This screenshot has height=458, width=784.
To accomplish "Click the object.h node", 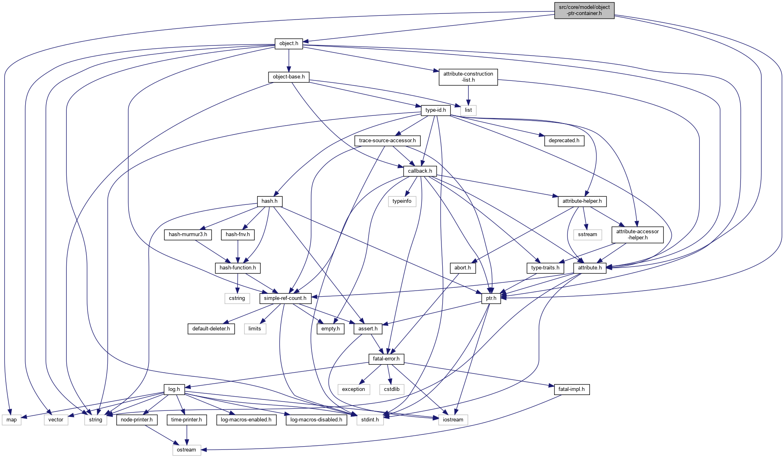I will click(x=288, y=43).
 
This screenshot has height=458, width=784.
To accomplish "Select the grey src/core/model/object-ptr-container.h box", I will click(x=584, y=10).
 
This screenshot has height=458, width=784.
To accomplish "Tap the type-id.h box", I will click(x=435, y=110).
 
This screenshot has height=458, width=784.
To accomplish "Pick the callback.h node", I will click(x=420, y=171).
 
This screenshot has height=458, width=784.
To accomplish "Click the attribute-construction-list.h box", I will click(x=468, y=77).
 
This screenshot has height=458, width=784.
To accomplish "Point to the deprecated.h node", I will click(x=564, y=141).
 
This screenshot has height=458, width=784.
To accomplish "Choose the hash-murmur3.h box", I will click(x=188, y=234).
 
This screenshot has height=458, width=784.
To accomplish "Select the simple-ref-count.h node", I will click(x=285, y=298).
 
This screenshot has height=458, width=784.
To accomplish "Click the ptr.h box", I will click(x=491, y=298).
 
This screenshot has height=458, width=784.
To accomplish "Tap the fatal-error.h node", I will click(x=386, y=359).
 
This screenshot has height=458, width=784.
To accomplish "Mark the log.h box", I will click(x=174, y=389).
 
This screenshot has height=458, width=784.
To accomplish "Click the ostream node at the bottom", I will click(x=186, y=450).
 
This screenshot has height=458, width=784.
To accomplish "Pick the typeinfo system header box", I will click(x=402, y=201).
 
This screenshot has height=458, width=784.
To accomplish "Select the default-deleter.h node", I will click(x=211, y=329).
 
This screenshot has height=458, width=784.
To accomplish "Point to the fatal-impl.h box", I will click(x=571, y=389).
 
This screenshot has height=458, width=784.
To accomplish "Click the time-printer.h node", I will click(x=186, y=420).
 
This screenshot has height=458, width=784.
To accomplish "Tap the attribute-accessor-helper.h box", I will click(x=637, y=234).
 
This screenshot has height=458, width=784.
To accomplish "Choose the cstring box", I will click(x=237, y=298).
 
